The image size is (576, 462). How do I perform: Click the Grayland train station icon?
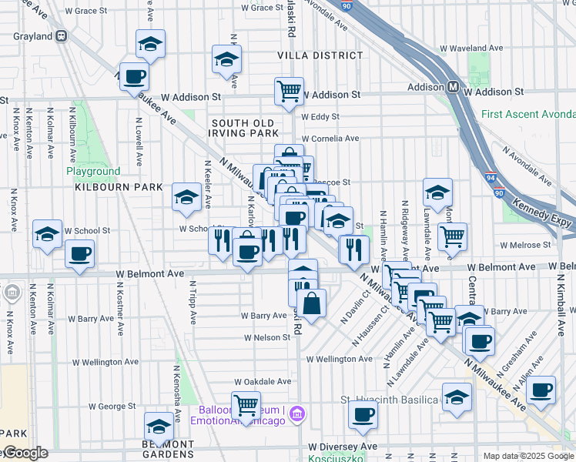(62, 36)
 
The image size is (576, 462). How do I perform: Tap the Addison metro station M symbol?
(454, 88)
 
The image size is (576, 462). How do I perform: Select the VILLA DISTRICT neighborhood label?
(320, 55)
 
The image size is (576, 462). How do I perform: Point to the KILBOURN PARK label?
(119, 187)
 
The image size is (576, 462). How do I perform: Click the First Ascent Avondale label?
(527, 115)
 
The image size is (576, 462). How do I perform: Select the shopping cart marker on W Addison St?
(289, 92)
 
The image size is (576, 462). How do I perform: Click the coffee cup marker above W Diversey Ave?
(363, 414)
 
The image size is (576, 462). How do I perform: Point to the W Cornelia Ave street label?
(330, 139)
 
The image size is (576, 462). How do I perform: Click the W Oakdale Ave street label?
(263, 381)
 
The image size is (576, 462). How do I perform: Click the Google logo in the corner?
(25, 453)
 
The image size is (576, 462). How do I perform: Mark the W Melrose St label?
(525, 245)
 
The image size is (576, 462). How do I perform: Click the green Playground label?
(92, 171)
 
